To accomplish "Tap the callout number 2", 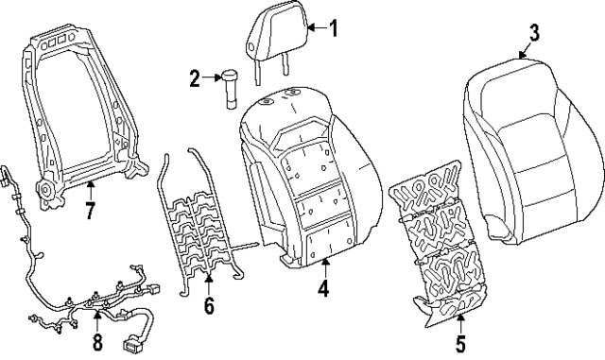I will pyautogui.click(x=196, y=79).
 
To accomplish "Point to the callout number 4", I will pyautogui.click(x=323, y=290).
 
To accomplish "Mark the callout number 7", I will pyautogui.click(x=90, y=211).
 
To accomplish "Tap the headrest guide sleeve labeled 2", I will pyautogui.click(x=232, y=89).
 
